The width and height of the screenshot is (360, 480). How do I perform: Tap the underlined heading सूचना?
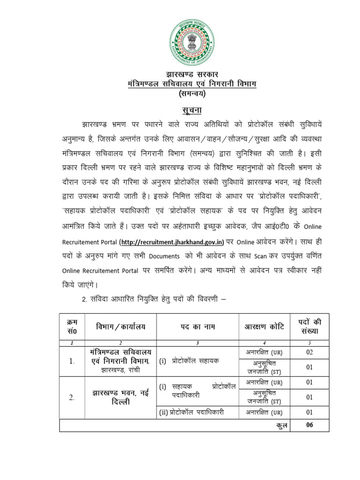tap(192, 110)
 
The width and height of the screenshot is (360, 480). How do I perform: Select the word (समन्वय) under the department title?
tap(192, 94)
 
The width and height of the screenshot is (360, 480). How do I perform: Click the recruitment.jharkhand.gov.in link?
tap(172, 242)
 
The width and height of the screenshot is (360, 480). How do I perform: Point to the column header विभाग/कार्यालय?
tap(120, 326)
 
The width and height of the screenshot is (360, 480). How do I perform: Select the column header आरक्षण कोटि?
tap(264, 326)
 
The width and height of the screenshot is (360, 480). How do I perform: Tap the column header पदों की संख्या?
tap(309, 326)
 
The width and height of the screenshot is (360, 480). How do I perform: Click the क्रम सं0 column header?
tap(72, 326)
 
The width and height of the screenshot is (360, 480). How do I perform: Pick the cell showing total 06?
tap(309, 425)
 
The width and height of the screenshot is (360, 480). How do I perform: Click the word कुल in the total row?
tap(279, 425)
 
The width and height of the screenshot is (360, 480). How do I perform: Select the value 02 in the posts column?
tap(309, 352)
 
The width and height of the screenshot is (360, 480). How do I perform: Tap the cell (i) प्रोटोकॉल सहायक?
tap(188, 361)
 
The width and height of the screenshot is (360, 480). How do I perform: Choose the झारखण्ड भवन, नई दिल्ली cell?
tap(120, 397)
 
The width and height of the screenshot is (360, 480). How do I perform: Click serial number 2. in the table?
tap(72, 397)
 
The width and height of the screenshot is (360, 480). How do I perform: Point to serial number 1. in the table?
tap(72, 361)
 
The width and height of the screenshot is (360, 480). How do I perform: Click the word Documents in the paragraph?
tap(164, 257)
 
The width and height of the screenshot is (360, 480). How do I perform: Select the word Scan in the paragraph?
tap(260, 257)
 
